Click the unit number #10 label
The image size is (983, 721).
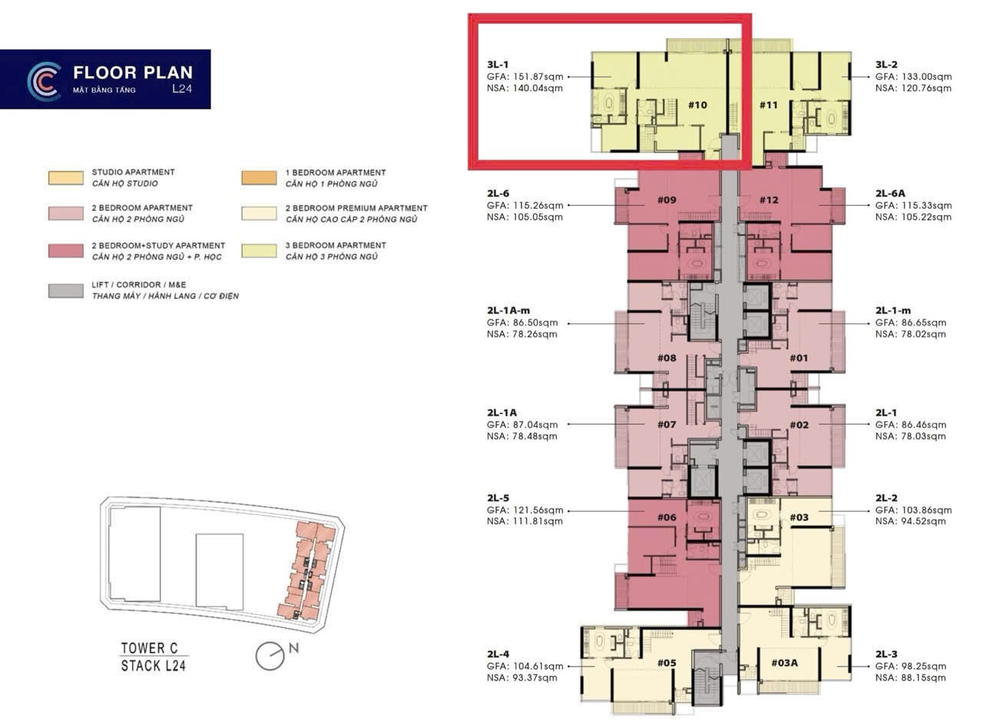(697, 105)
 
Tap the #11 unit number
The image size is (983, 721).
(769, 105)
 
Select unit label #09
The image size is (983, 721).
(667, 200)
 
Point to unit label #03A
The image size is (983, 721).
(785, 663)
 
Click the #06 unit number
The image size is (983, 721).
(667, 518)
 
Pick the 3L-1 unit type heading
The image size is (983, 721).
(498, 64)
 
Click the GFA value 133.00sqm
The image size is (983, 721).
(927, 77)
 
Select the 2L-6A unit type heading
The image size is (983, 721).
(890, 193)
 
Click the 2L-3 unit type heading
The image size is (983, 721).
(886, 654)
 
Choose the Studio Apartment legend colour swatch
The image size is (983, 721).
(66, 177)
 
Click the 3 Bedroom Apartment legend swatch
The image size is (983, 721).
(259, 251)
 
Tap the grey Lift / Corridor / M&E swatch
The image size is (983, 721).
(66, 291)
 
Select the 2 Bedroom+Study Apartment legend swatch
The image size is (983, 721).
(66, 251)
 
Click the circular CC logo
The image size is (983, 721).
(44, 81)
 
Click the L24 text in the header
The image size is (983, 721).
(182, 88)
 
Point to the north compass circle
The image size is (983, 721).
(270, 657)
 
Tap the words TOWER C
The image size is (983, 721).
(149, 648)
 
